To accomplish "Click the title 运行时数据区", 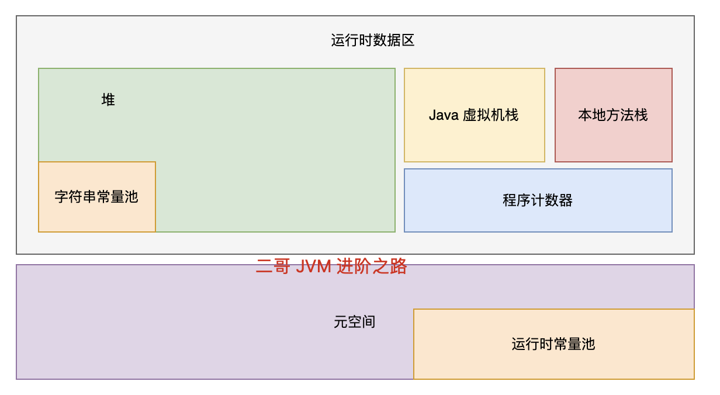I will [x=373, y=40].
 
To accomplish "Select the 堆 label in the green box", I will [x=108, y=100].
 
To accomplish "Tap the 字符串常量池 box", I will [x=97, y=197].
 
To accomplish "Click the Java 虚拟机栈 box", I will [x=474, y=115].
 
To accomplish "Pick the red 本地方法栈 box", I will [x=613, y=115].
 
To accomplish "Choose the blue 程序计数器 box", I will [x=538, y=200].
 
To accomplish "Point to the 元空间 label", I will [x=354, y=322].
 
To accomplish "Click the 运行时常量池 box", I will [x=553, y=344].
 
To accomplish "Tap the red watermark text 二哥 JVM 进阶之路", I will [x=331, y=266].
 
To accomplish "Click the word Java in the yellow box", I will [x=443, y=115].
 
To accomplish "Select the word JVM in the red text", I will [x=313, y=266].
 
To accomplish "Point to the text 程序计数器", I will [x=538, y=200].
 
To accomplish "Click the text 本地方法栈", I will [x=613, y=115].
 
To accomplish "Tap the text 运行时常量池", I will [x=553, y=344].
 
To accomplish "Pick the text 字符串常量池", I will [x=96, y=197].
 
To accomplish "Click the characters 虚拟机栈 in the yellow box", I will [x=491, y=115].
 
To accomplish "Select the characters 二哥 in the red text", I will [x=273, y=266].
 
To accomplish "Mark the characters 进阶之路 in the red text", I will [x=372, y=266].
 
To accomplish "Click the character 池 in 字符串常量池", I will [x=131, y=197].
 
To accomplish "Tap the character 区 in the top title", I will [x=408, y=40].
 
